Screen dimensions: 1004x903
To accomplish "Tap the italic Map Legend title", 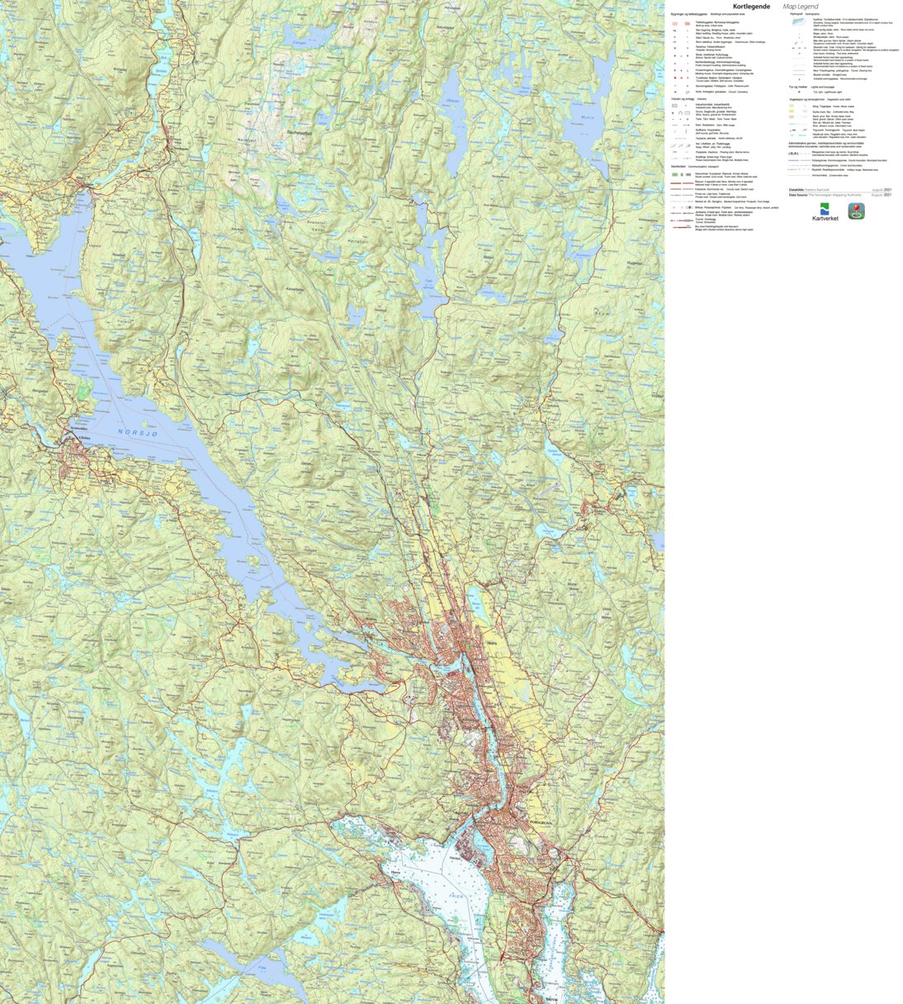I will (x=801, y=7).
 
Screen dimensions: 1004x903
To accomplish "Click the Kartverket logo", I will (x=825, y=212).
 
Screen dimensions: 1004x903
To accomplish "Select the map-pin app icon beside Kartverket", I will (x=856, y=211).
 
